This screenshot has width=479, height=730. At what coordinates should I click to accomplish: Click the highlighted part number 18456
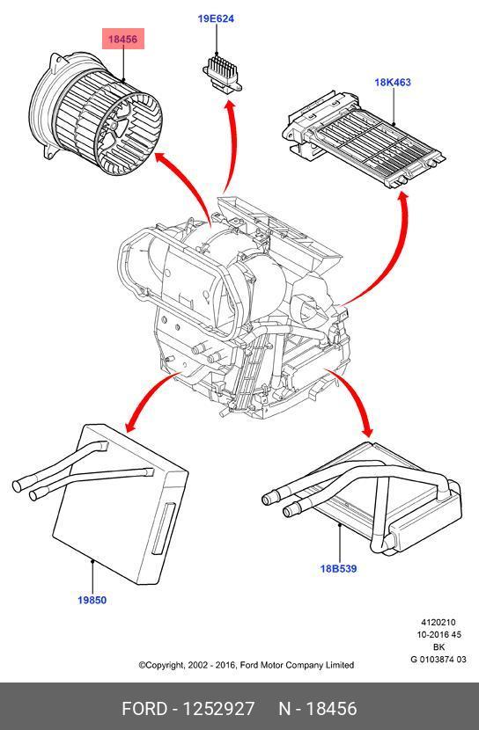pyautogui.click(x=123, y=39)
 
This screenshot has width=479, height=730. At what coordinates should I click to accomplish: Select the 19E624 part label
pyautogui.click(x=216, y=19)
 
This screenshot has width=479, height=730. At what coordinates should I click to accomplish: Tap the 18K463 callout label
pyautogui.click(x=393, y=83)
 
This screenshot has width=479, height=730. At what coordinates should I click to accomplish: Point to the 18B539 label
pyautogui.click(x=338, y=568)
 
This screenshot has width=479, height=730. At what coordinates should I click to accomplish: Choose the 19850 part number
pyautogui.click(x=92, y=600)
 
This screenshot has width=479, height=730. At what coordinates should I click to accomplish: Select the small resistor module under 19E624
pyautogui.click(x=222, y=75)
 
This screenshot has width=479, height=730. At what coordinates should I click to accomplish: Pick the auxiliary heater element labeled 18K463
pyautogui.click(x=364, y=140)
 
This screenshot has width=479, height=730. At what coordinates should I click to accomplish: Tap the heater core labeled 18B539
pyautogui.click(x=368, y=498)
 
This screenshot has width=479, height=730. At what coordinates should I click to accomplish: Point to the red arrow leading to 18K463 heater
pyautogui.click(x=393, y=260)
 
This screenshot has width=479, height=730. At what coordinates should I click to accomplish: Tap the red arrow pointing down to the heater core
pyautogui.click(x=357, y=400)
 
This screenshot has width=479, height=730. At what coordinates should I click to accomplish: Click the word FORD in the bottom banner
pyautogui.click(x=144, y=709)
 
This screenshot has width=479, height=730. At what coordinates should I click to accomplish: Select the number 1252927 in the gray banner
pyautogui.click(x=218, y=709)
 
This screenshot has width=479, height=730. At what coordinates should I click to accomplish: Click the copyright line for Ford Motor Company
pyautogui.click(x=247, y=665)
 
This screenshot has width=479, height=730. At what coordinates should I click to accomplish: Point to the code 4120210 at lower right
pyautogui.click(x=438, y=623)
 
